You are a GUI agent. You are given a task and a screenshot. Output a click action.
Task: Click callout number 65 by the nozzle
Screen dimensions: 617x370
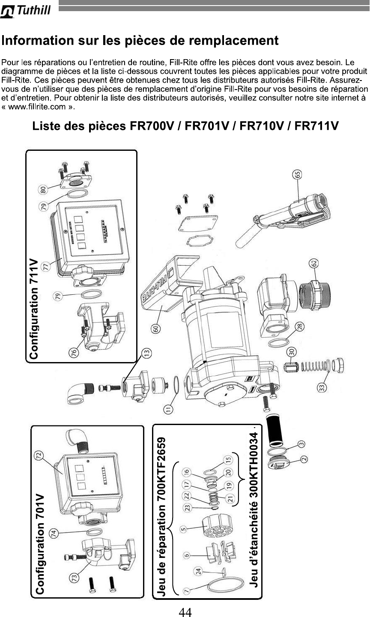click(x=297, y=174)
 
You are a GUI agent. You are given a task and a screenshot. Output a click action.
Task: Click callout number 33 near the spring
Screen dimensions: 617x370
click(x=321, y=387)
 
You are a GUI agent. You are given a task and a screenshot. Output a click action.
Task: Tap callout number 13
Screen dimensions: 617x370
click(x=147, y=353)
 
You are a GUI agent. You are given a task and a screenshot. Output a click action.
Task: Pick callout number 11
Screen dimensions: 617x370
click(x=170, y=409)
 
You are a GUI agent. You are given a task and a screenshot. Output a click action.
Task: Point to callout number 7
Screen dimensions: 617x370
click(x=187, y=590)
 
